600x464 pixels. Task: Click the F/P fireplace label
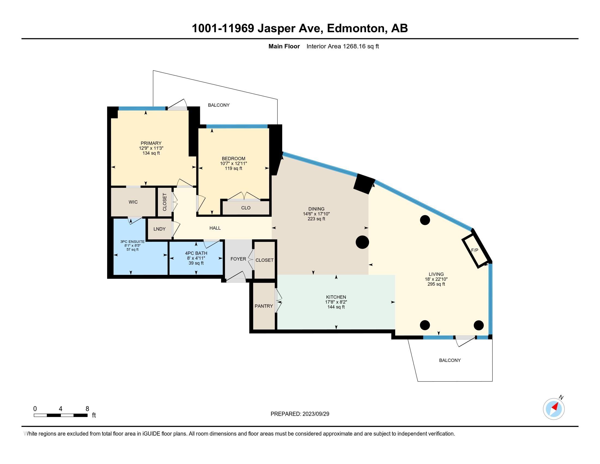pos(475,250)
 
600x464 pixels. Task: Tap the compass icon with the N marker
pos(554,409)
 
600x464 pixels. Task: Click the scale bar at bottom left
pos(61,415)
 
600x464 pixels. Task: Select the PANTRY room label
pos(264,306)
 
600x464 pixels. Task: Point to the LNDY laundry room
pos(160,229)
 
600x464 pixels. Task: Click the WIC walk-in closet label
pos(133,202)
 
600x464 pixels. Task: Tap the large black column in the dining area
pos(362,242)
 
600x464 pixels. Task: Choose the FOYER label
pos(238,259)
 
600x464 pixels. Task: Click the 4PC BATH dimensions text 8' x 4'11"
pos(196,258)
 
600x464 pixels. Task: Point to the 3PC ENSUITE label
pos(133,242)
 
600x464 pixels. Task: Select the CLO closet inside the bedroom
pos(246,208)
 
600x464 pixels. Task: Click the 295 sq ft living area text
pos(436,284)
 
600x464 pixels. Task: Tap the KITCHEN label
pos(336,297)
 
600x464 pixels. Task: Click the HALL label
pos(215,228)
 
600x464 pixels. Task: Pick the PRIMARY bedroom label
pos(151,143)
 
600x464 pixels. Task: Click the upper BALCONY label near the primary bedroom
pos(219,105)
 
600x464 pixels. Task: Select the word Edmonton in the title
pos(355,28)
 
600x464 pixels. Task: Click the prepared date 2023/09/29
pos(316,414)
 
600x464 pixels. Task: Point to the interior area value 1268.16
pos(354,46)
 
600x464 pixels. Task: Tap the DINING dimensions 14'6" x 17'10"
pos(316,214)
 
